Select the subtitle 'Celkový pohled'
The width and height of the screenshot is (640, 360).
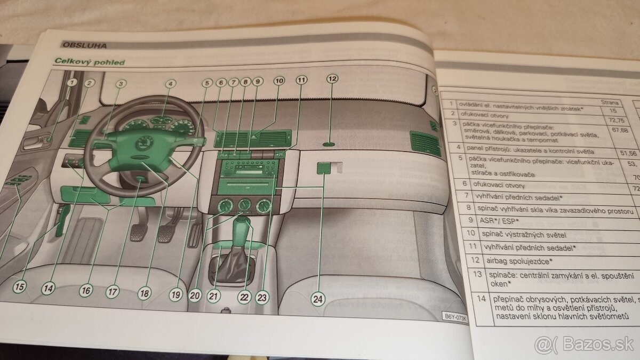point(90,62)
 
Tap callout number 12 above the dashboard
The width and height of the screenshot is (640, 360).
point(332,79)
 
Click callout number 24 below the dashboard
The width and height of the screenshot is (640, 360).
point(318,299)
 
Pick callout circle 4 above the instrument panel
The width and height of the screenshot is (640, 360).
point(170,83)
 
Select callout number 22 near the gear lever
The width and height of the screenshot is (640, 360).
point(245,298)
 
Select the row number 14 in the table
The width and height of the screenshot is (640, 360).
point(481,299)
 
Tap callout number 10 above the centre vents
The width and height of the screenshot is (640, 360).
point(279,81)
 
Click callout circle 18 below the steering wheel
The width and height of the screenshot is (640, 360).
point(144,292)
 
